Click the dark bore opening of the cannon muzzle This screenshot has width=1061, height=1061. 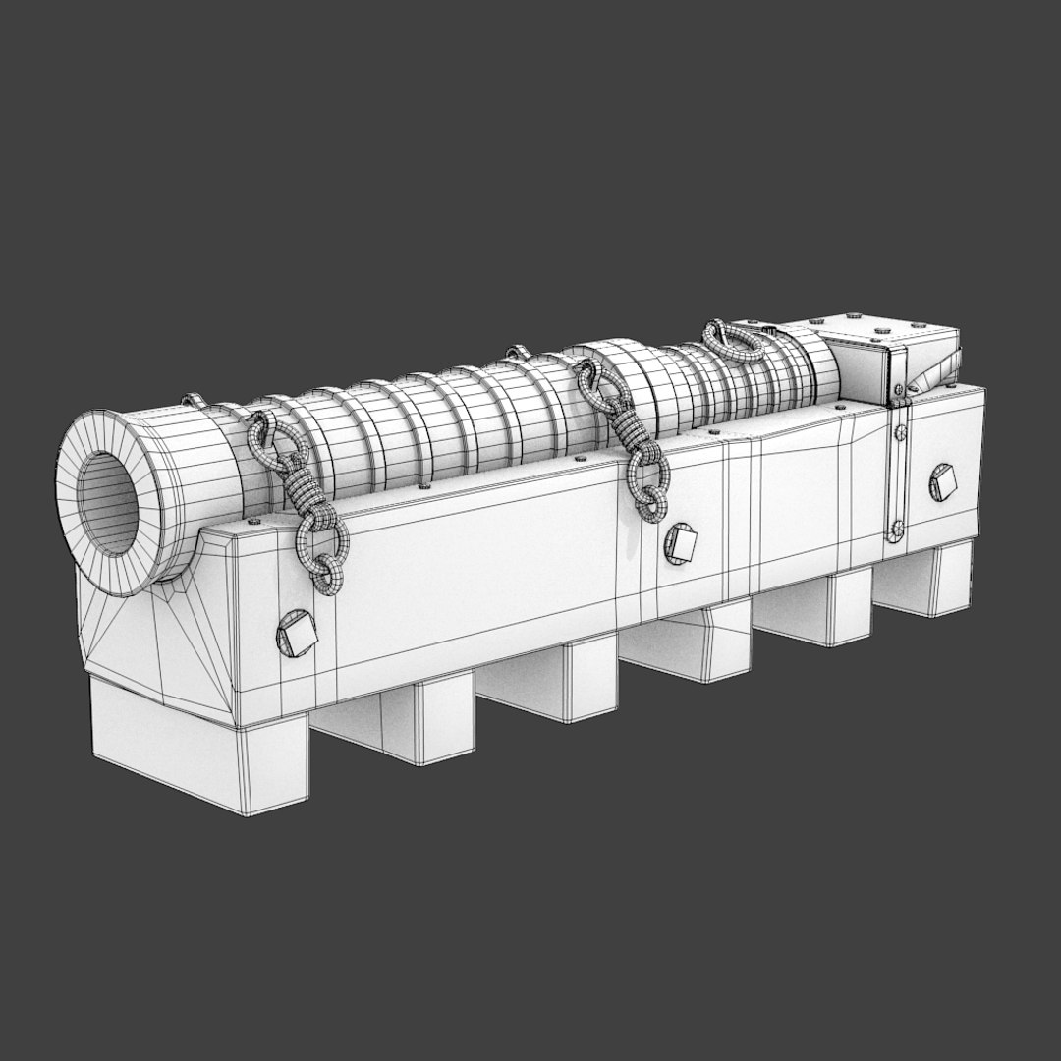pos(108,503)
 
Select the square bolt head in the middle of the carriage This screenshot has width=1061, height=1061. pos(681,543)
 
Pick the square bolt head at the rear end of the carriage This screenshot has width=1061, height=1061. pos(942,482)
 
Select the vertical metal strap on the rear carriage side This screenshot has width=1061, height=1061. pos(898,472)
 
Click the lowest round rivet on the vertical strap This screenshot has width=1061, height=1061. pos(896,532)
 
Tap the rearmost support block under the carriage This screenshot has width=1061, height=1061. pos(928,580)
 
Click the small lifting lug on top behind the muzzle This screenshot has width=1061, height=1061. pos(193,400)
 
